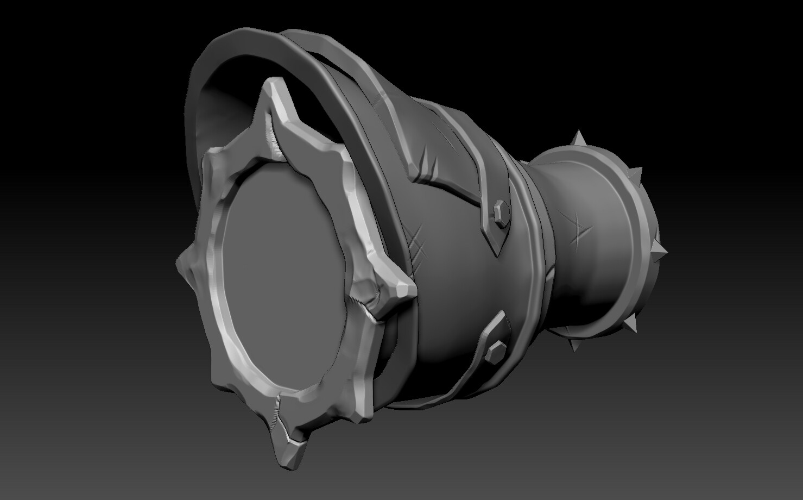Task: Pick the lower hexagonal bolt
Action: (495, 350)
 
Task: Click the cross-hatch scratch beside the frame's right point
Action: (419, 247)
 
